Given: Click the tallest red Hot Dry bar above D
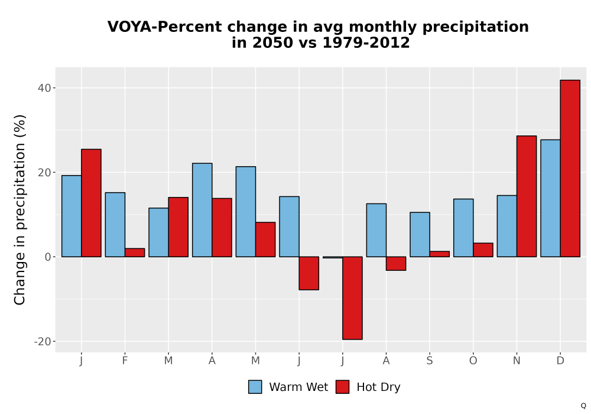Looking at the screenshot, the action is pyautogui.click(x=570, y=169).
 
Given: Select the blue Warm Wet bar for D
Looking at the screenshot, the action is pyautogui.click(x=550, y=198).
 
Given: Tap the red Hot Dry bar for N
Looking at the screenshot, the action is pyautogui.click(x=527, y=196).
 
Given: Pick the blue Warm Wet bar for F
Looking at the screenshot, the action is pyautogui.click(x=115, y=225).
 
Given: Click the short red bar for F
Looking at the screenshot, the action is pyautogui.click(x=135, y=253).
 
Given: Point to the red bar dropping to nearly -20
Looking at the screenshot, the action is pyautogui.click(x=352, y=298).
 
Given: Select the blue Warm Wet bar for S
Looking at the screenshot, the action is pyautogui.click(x=420, y=235).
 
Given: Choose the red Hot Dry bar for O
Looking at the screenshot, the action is pyautogui.click(x=483, y=250).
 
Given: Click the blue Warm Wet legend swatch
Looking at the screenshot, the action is pyautogui.click(x=255, y=387).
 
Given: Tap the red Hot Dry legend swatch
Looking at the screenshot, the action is pyautogui.click(x=342, y=387).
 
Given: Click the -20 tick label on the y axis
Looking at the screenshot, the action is pyautogui.click(x=43, y=342).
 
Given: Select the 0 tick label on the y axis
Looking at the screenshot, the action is pyautogui.click(x=48, y=257).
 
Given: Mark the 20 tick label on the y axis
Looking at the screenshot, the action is pyautogui.click(x=44, y=173).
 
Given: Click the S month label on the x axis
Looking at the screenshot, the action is pyautogui.click(x=429, y=361).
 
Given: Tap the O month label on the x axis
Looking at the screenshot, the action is pyautogui.click(x=473, y=361).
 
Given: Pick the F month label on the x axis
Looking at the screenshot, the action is pyautogui.click(x=125, y=361).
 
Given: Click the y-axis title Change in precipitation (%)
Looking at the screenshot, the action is pyautogui.click(x=20, y=209).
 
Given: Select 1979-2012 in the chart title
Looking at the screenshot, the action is pyautogui.click(x=366, y=43).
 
